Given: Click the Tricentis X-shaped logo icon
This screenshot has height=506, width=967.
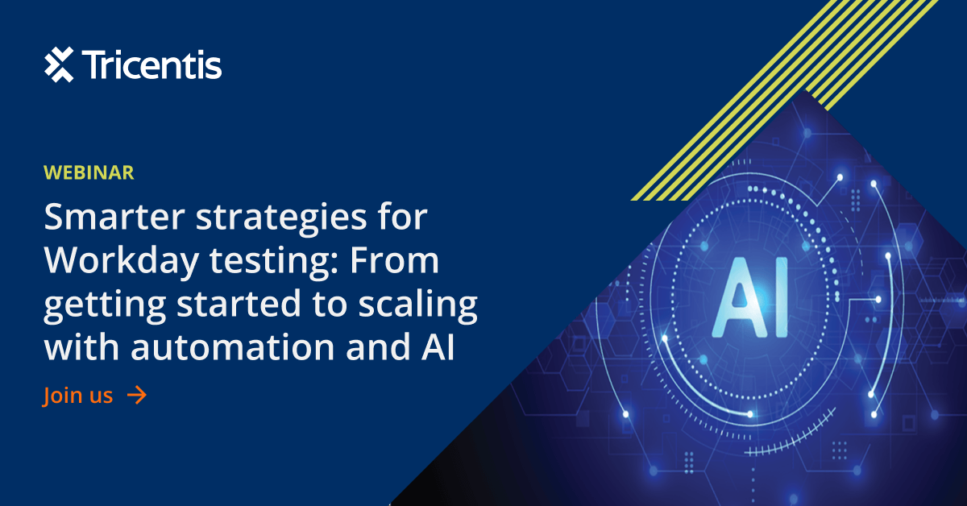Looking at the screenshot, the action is [59, 64].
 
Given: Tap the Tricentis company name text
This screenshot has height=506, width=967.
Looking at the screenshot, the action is [152, 64].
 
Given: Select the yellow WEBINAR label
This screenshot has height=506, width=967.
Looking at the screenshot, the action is [89, 172].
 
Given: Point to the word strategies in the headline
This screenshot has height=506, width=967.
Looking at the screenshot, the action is [281, 219].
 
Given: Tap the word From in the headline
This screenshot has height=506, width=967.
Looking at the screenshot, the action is [394, 260].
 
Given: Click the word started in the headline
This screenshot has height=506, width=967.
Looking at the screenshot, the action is [239, 304].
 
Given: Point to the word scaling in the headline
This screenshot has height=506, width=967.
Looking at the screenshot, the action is [418, 305].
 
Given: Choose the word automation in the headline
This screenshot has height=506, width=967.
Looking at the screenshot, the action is [233, 347].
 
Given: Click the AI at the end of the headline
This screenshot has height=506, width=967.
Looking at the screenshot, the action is [438, 347].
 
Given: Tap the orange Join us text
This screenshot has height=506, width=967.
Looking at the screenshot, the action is [77, 395].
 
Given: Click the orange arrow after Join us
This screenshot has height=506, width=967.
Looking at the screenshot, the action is [137, 395].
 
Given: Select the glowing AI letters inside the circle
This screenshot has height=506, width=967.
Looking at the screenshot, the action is [750, 297].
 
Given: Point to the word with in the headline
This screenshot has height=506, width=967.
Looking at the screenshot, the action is [81, 346].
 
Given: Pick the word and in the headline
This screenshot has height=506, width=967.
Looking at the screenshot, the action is [378, 346].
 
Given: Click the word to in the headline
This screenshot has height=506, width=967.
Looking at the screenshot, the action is [330, 305].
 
